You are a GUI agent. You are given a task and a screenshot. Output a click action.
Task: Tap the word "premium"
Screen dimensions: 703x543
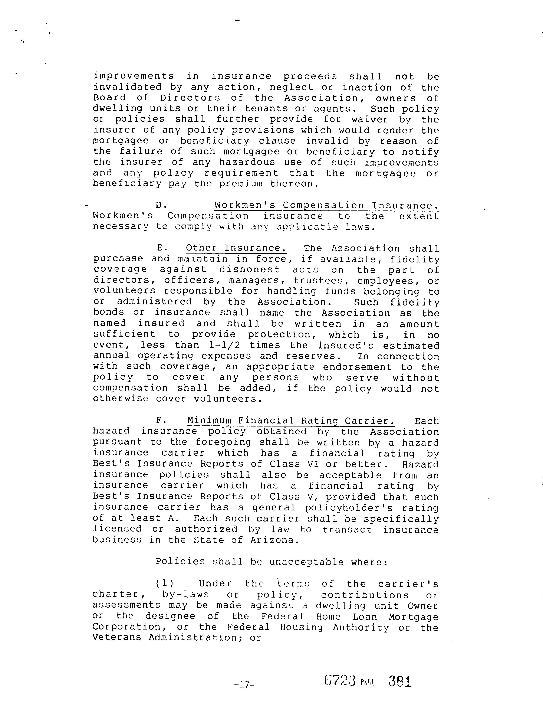(x=241, y=184)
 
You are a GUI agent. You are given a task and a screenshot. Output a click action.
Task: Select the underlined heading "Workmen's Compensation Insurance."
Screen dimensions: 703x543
(x=326, y=205)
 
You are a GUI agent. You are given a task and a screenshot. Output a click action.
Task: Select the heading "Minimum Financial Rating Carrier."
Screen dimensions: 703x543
(x=291, y=421)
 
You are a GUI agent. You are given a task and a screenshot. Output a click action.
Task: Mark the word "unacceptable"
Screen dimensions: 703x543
(x=306, y=562)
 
